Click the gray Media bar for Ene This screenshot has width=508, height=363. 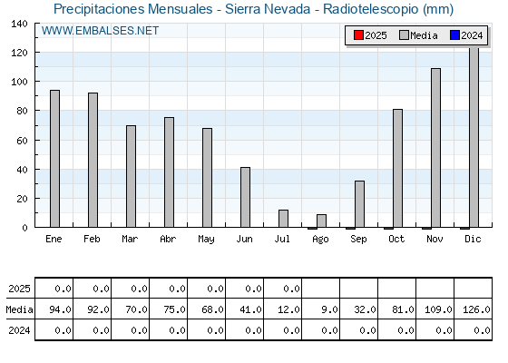pos(54,159)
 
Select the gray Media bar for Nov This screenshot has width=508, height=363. pos(435,147)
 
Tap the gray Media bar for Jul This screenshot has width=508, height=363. pos(283,219)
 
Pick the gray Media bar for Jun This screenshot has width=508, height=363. pos(245,197)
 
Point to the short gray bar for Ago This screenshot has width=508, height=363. pos(321,221)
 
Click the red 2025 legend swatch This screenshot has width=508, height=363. pos(358,35)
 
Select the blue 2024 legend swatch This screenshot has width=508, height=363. pos(454,35)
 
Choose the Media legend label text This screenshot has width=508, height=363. pos(424,35)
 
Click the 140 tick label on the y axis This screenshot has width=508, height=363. pos(19,24)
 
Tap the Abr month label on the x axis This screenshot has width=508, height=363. pos(168,239)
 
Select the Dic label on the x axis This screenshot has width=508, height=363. pos(473,239)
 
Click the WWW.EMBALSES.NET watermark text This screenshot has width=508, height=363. pos(100,31)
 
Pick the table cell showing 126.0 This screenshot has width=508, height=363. pos(474,309)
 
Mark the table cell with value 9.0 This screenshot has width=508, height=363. pos(321,309)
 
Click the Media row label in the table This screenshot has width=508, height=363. pos(19,309)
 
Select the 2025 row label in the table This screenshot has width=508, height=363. pos(19,289)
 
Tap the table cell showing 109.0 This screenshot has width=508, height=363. pos(435,309)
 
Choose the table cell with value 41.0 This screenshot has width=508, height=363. pos(245,309)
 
